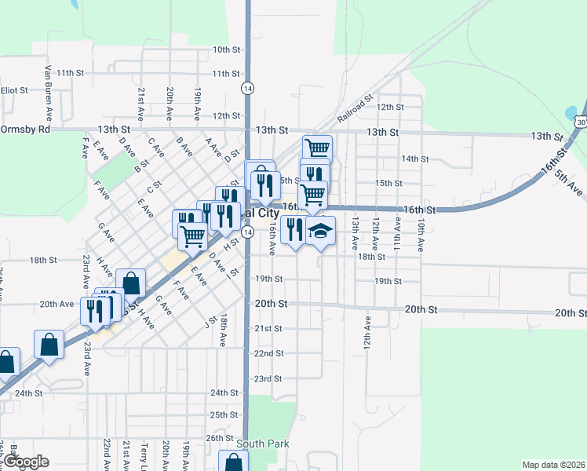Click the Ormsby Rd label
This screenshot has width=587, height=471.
click(x=25, y=129)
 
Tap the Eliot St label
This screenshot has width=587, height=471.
click(x=14, y=90)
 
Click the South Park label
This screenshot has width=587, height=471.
click(x=268, y=444)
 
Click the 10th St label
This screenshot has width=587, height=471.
click(x=226, y=49)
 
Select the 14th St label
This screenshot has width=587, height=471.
click(x=414, y=159)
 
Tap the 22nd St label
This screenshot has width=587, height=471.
click(x=268, y=354)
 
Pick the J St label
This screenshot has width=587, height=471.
click(x=210, y=323)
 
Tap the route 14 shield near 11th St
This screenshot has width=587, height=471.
click(x=247, y=87)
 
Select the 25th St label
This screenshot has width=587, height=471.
click(x=224, y=414)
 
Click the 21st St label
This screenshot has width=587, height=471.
click(x=268, y=328)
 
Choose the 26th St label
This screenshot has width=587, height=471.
click(x=220, y=437)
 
